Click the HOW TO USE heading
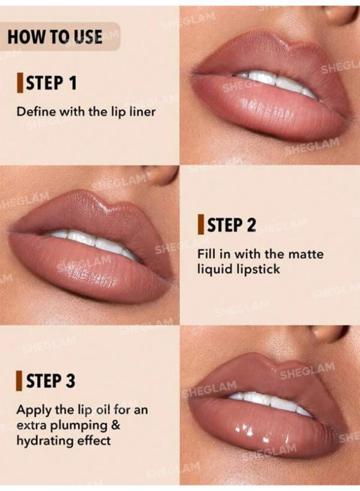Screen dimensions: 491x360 pos(55,37)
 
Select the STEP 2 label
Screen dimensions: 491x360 pos(230,225)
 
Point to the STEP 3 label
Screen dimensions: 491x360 pos(50,381)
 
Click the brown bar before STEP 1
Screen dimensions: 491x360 pos(20,83)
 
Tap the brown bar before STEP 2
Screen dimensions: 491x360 pos(201,225)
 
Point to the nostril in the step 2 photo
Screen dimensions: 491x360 pos(162,174)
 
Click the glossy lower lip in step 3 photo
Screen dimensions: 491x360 pos(262,428)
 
